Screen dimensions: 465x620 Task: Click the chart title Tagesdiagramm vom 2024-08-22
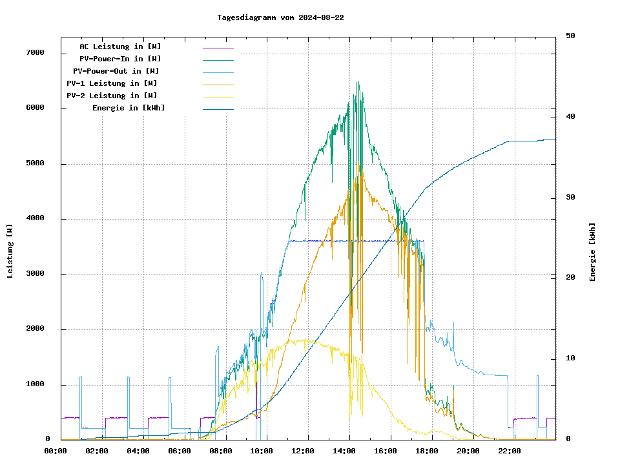pos(280,17)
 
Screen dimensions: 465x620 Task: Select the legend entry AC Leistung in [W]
pos(120,46)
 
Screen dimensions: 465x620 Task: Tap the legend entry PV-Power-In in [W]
pos(125,59)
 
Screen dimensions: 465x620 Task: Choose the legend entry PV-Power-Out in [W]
pos(116,71)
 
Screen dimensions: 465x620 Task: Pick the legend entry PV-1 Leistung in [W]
pos(112,83)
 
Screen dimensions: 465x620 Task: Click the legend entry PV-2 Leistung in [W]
pos(112,96)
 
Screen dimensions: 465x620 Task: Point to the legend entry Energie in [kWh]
pos(129,108)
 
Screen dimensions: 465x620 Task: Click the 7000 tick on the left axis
pos(34,53)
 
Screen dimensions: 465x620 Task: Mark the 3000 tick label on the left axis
pos(34,274)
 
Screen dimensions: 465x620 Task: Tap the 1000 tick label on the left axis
pos(34,385)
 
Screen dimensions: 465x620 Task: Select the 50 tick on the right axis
pos(570,36)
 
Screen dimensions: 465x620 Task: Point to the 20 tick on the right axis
pos(570,278)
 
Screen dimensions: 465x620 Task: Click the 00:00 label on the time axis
pos(55,451)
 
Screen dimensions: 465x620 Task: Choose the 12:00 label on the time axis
pos(303,451)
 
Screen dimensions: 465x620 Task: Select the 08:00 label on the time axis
pos(220,451)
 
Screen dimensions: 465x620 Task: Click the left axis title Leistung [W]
pos(10,251)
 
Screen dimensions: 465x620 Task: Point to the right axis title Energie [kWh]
pos(592,252)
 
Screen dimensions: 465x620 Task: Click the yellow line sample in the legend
pos(218,96)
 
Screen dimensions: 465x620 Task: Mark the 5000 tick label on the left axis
pos(34,164)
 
